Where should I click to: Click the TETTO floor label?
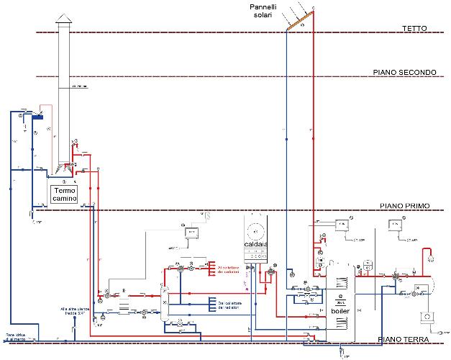coord(415,28)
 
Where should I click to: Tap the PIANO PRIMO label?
coord(404,206)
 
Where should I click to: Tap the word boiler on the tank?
coord(341,310)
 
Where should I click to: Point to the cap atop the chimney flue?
coord(61,25)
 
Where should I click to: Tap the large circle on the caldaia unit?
coord(255,232)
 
